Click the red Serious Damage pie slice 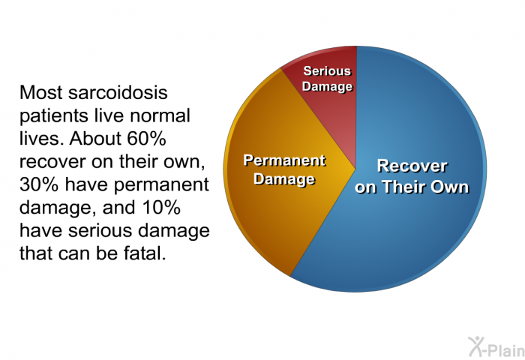tap(326, 110)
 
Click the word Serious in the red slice tap(327, 71)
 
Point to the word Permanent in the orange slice tap(284, 160)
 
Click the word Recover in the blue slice tap(412, 166)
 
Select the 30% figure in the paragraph tap(39, 184)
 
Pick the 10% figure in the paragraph tap(162, 207)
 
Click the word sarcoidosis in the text tap(118, 92)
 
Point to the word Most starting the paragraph tap(40, 92)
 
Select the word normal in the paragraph tap(160, 115)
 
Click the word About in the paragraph tap(90, 138)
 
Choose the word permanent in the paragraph tap(161, 185)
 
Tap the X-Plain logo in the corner tap(496, 346)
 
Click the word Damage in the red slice tap(327, 87)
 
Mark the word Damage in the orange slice tap(284, 179)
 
